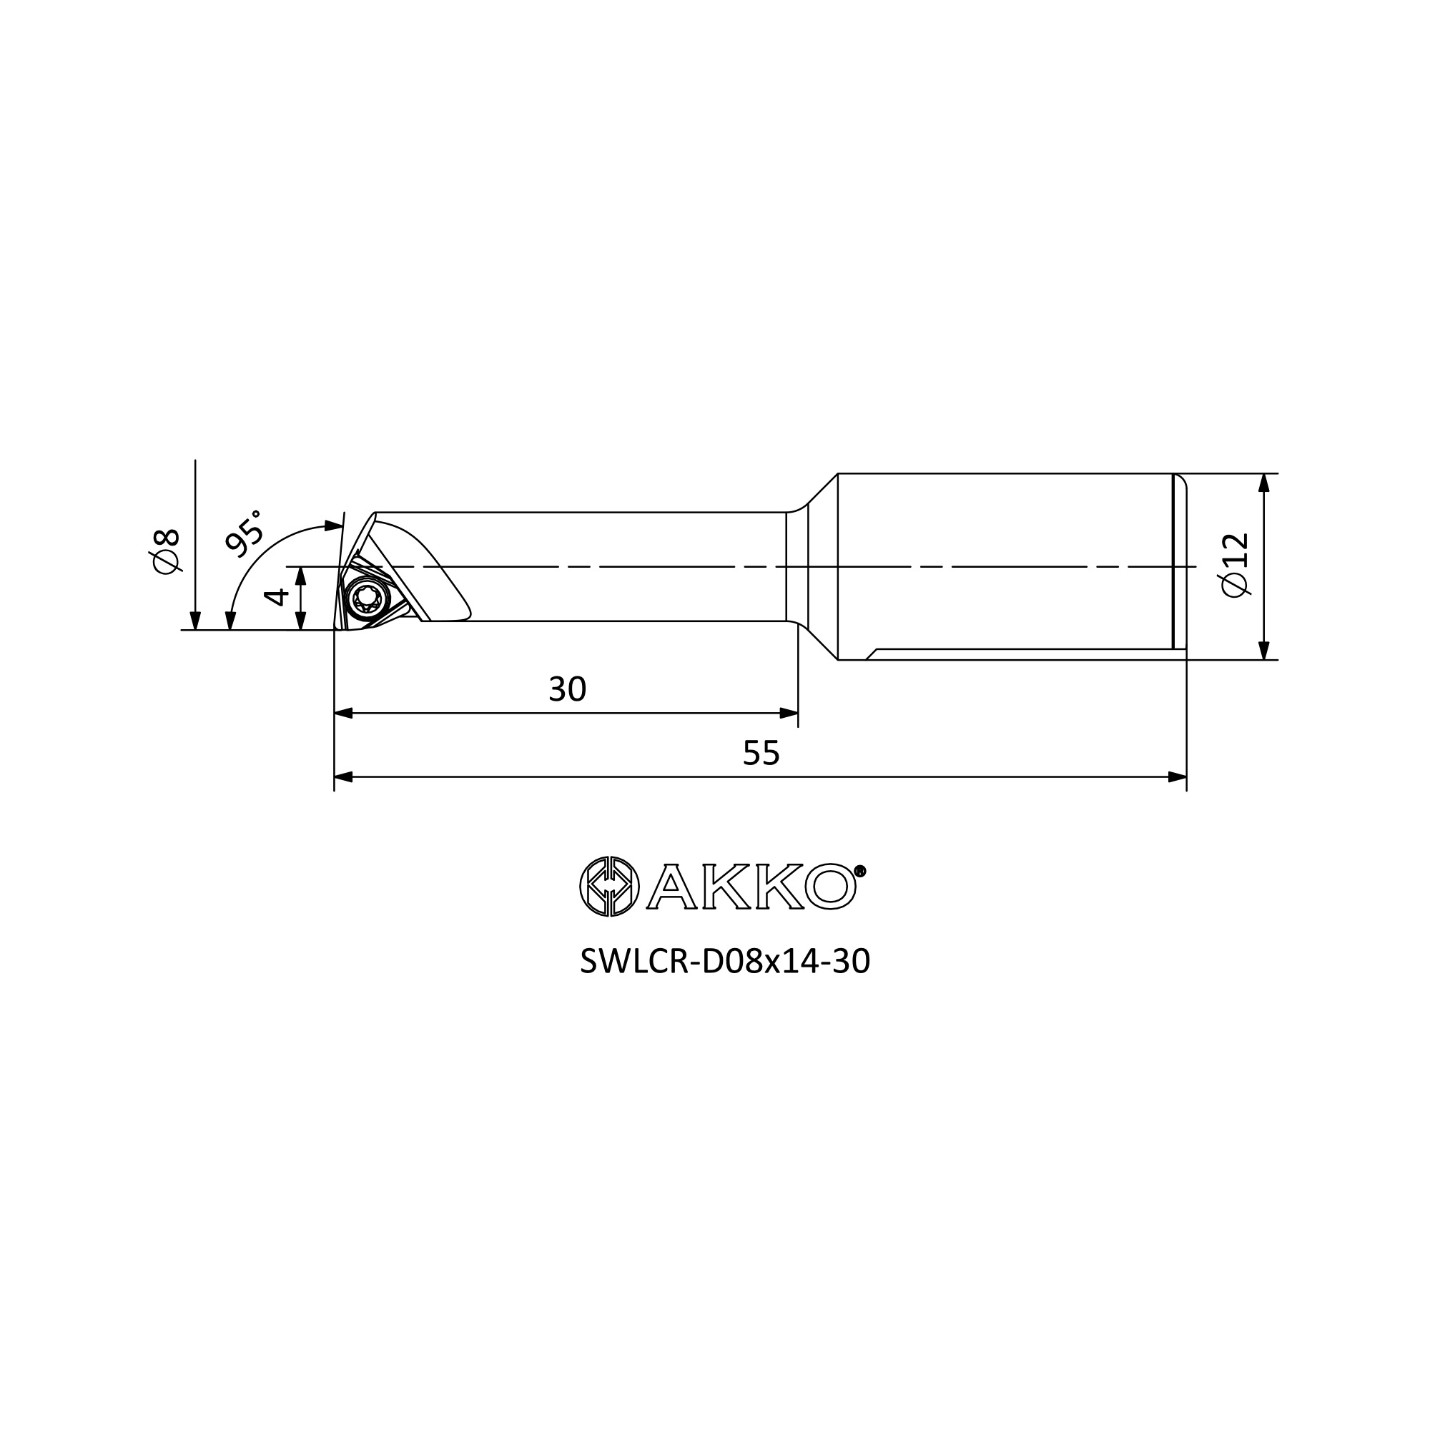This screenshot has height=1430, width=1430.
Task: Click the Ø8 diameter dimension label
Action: pos(166,550)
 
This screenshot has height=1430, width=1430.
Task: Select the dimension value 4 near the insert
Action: pos(275,596)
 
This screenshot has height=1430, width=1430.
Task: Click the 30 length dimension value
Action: pos(567,690)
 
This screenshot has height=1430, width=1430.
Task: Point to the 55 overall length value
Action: pos(761,754)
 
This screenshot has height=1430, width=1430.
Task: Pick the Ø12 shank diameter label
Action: pos(1236,565)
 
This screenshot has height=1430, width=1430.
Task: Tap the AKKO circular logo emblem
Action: pos(608,886)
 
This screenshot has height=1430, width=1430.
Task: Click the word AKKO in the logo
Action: pos(751,886)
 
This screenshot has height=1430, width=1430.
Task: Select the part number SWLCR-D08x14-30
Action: pos(724,962)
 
